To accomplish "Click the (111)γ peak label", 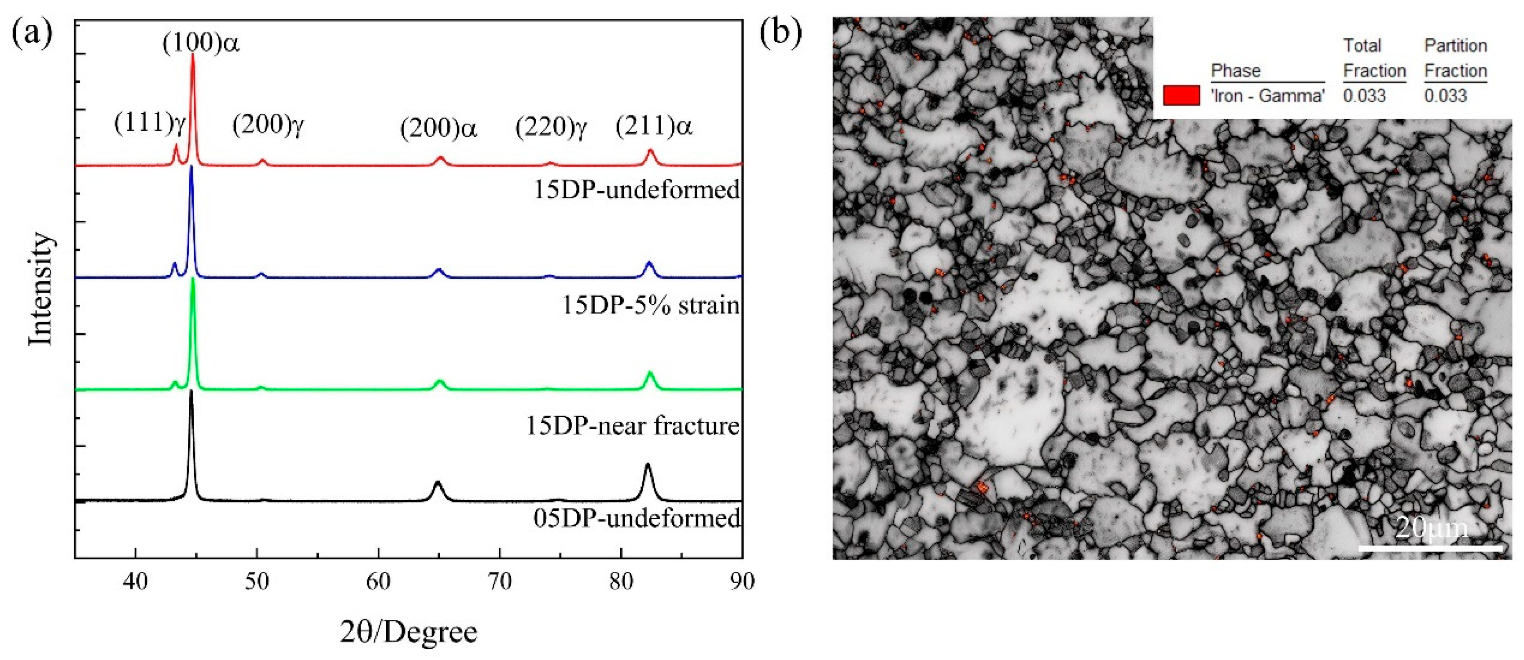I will pyautogui.click(x=150, y=124).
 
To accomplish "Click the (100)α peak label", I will pyautogui.click(x=201, y=44).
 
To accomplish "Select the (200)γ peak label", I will pyautogui.click(x=268, y=125).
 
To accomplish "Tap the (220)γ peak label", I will pyautogui.click(x=551, y=128).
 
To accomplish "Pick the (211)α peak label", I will pyautogui.click(x=654, y=127).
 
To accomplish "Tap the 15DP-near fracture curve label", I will pyautogui.click(x=633, y=425).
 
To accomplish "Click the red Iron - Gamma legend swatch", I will pyautogui.click(x=1182, y=95).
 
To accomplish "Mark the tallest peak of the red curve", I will pyautogui.click(x=193, y=55).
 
